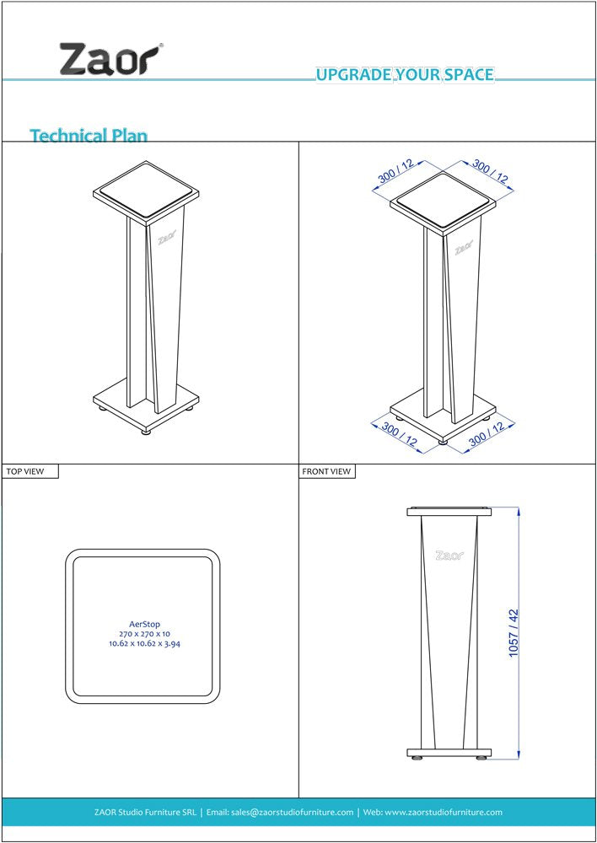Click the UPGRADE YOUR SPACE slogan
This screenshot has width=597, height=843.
point(405,75)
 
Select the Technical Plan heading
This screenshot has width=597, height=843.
point(89,135)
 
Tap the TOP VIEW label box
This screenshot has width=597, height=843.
point(30,471)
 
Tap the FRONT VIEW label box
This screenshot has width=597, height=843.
point(327,471)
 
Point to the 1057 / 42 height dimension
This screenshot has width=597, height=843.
point(514,632)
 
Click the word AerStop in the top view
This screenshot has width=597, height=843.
point(144,625)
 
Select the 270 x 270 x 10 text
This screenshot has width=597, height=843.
point(144,634)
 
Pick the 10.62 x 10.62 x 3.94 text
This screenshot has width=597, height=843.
point(144,644)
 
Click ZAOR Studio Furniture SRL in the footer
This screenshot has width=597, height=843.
point(145,813)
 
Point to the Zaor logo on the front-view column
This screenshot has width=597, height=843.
point(449,556)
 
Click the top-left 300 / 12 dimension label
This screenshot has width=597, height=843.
point(395,172)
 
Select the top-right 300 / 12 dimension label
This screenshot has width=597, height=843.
point(491,172)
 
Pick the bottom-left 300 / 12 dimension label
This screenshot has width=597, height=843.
point(400,435)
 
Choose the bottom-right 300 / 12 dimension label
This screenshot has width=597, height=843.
point(487,435)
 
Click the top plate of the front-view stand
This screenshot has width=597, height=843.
point(449,512)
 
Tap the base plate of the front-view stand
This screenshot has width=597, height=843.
point(449,753)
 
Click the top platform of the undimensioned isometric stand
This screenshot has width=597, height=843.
point(145,188)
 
